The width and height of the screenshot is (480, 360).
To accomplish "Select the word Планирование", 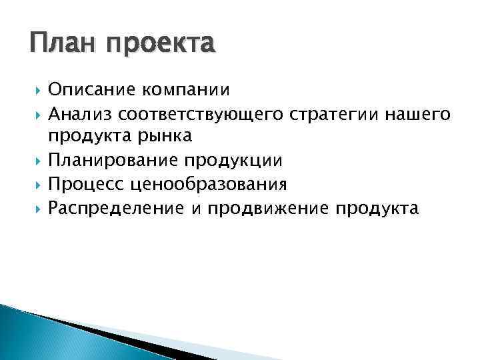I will (115, 161).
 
